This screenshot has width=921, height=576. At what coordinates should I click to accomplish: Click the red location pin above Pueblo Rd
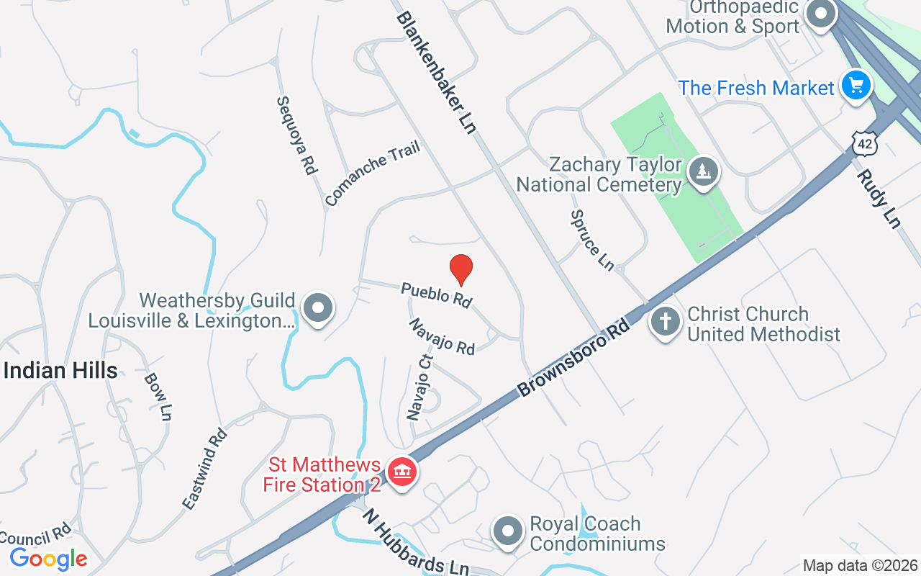(x=461, y=270)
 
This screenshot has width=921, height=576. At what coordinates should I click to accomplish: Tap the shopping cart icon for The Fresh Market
(x=856, y=86)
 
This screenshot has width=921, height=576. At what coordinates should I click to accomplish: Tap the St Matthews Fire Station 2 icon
(x=402, y=472)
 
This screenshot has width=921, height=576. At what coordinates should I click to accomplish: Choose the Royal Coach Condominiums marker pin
(x=508, y=531)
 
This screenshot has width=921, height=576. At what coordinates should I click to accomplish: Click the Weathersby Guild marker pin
(x=317, y=308)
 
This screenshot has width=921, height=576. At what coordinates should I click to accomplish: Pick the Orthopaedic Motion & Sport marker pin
(x=820, y=14)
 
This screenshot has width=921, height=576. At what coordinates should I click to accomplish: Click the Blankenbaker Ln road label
(x=436, y=72)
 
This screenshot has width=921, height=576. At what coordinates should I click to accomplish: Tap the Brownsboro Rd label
(x=573, y=358)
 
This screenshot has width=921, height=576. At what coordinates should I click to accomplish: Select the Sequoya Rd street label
(x=297, y=135)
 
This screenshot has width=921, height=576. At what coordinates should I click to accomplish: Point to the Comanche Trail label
(x=372, y=174)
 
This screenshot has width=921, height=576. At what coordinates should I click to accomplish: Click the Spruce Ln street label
(x=592, y=240)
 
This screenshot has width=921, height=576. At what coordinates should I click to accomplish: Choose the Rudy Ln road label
(x=878, y=198)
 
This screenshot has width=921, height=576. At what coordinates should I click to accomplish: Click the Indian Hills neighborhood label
(x=60, y=371)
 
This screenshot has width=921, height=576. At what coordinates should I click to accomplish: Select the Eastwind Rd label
(x=204, y=469)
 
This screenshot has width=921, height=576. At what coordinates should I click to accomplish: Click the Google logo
(x=48, y=559)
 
